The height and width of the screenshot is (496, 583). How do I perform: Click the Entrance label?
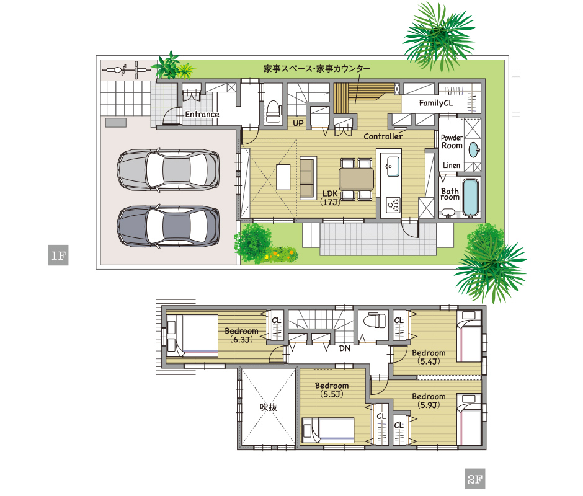coord(202,115)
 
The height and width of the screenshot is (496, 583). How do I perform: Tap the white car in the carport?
coord(168,169)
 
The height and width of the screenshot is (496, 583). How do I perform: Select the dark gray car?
coord(168,228)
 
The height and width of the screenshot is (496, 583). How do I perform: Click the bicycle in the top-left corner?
coord(126,70)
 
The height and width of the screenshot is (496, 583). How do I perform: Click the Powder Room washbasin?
coord(473,149)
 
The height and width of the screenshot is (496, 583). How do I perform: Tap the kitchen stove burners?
coord(393,203)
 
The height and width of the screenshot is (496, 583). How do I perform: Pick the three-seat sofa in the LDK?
coord(307,178)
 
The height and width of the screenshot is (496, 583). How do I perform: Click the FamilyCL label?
coord(435,104)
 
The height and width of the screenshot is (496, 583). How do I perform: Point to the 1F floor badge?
coord(57,255)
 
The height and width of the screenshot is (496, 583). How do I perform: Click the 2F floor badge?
coord(474,479)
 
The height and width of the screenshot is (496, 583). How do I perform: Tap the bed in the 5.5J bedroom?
coord(327,430)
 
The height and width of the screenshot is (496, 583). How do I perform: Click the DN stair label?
coord(345,348)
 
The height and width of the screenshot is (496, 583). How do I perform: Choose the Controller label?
coord(383,136)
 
